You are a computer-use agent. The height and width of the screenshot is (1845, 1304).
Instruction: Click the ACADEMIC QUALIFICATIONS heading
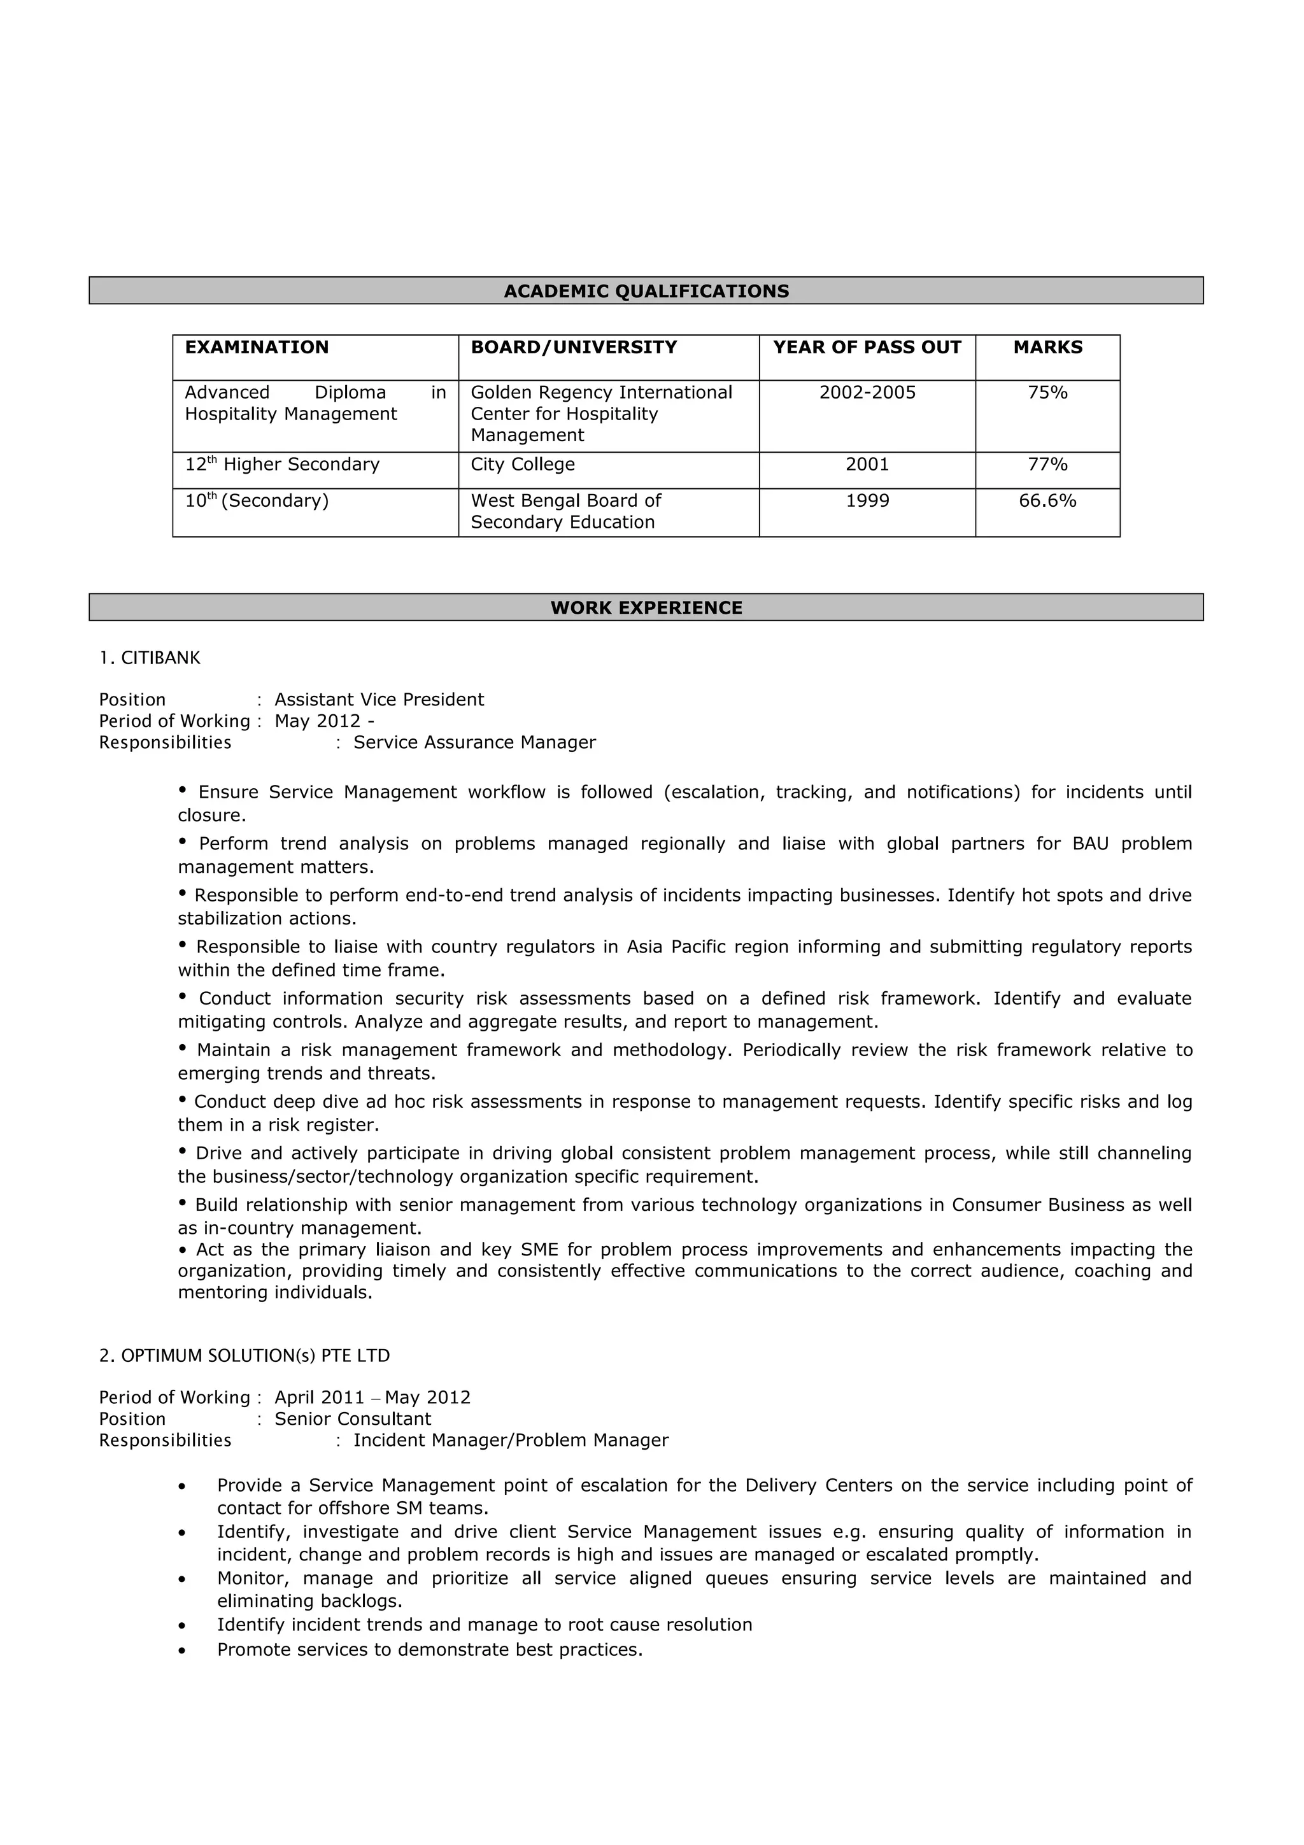point(646,291)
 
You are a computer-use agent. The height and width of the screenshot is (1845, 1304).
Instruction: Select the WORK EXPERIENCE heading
point(646,607)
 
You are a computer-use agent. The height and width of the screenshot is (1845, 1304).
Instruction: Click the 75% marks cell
point(1047,392)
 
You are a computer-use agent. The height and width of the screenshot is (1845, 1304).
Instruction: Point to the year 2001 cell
point(867,465)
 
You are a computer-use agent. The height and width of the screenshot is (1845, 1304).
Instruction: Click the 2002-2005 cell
point(867,392)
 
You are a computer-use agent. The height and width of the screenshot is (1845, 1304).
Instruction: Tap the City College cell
point(522,465)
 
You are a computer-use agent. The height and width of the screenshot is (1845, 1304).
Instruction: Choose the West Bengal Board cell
point(565,511)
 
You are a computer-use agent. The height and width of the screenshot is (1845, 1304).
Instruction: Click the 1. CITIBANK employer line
point(150,658)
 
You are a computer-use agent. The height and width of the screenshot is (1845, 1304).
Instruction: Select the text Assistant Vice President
point(379,700)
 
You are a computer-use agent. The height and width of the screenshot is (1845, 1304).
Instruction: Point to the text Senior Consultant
point(353,1419)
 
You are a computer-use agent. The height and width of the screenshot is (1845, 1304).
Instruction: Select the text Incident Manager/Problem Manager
point(511,1440)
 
